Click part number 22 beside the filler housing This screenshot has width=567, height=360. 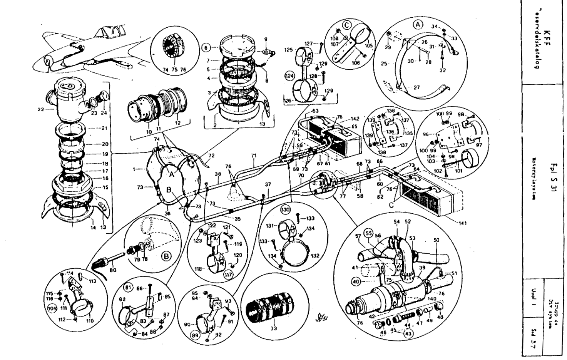(41, 109)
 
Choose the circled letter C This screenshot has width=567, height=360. (347, 25)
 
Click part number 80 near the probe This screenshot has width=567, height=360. (112, 270)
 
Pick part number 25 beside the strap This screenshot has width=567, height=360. (384, 64)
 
